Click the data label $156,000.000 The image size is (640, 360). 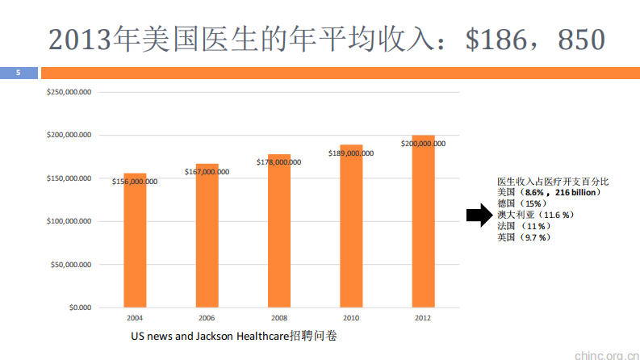click(x=135, y=182)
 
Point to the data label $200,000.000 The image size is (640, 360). click(x=423, y=144)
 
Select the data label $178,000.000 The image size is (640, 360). click(x=278, y=162)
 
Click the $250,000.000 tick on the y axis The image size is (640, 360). click(x=69, y=92)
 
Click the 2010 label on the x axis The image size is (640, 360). click(x=351, y=318)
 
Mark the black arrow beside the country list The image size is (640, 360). click(x=479, y=215)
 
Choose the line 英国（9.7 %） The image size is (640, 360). click(x=524, y=238)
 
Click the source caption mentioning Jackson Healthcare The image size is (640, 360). click(x=233, y=335)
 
